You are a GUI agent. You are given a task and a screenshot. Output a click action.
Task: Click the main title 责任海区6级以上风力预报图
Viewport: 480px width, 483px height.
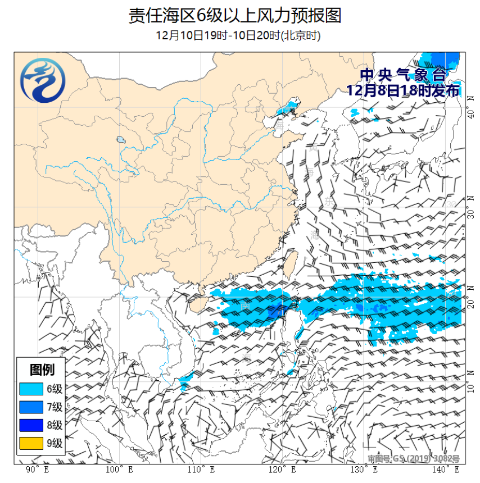pyautogui.click(x=235, y=15)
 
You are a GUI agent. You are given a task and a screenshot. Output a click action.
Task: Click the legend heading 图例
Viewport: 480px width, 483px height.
pyautogui.click(x=42, y=370)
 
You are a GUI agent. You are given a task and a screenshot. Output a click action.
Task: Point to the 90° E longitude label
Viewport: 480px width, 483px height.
pyautogui.click(x=37, y=469)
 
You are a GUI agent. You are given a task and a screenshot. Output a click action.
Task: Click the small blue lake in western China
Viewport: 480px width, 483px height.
pyautogui.click(x=120, y=139)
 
